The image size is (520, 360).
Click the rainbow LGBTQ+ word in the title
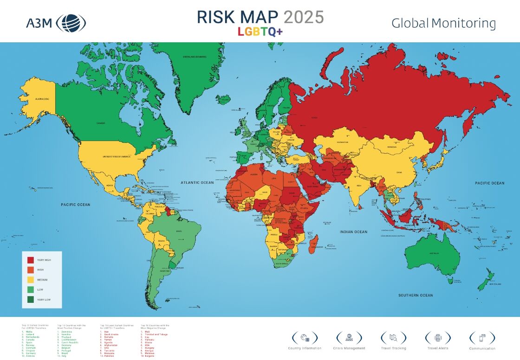(260, 32)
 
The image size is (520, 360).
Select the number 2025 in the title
(304, 17)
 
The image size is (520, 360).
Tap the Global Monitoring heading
(443, 23)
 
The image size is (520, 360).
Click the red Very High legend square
(31, 260)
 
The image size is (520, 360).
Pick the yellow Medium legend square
(31, 280)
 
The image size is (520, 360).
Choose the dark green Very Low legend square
(31, 300)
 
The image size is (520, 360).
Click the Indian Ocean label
(353, 232)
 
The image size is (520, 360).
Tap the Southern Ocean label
(416, 295)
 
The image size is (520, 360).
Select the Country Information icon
(305, 337)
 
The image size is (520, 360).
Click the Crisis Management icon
(349, 337)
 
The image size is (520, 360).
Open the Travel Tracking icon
(393, 337)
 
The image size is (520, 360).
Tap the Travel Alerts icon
(437, 337)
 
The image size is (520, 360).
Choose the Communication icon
(482, 337)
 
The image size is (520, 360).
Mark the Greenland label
(196, 57)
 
